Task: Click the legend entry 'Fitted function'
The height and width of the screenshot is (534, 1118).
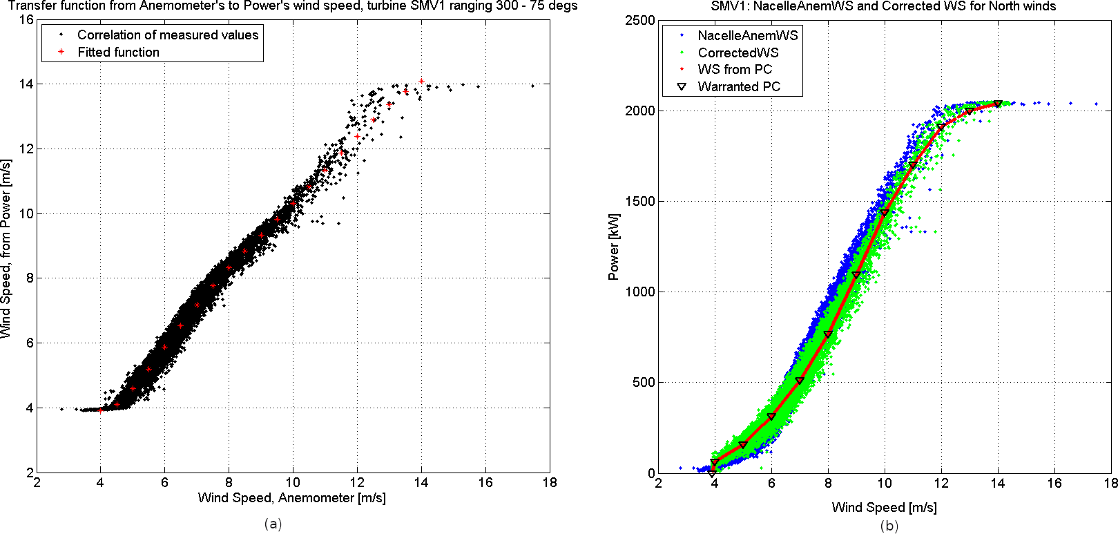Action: point(118,53)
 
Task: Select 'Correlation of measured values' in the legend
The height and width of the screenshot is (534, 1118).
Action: point(167,35)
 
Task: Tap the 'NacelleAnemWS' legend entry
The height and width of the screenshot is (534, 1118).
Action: point(747,36)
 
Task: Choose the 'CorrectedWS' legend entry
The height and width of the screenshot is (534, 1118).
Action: point(738,53)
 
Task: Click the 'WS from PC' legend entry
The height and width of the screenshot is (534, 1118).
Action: point(735,70)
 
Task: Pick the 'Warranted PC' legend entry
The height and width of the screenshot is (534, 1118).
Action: point(739,87)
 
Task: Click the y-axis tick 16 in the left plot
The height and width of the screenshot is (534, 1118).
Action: point(26,19)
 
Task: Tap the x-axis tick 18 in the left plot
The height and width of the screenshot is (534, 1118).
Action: point(549,482)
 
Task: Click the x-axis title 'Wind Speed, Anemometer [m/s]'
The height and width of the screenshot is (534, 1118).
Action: point(291,498)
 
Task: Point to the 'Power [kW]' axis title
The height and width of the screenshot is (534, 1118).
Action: point(613,247)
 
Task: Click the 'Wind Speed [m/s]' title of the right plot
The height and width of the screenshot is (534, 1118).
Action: point(884,508)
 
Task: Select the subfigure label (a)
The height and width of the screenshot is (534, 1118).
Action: point(273,524)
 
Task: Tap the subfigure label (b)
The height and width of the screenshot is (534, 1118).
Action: point(888,526)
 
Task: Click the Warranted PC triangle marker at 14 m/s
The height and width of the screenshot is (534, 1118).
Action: point(998,104)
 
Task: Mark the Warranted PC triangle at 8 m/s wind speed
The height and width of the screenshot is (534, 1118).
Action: point(828,335)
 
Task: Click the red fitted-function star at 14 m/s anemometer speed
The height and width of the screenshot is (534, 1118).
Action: point(421,82)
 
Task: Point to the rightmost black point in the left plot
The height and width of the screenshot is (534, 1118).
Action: point(532,86)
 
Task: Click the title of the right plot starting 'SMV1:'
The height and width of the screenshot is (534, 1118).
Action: point(883,6)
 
